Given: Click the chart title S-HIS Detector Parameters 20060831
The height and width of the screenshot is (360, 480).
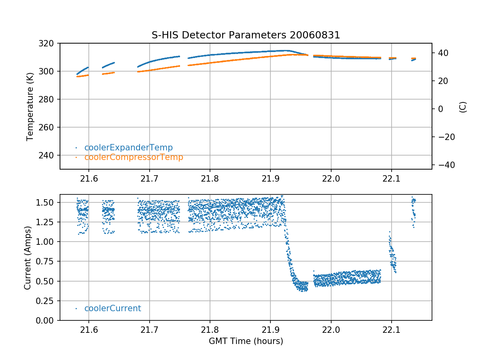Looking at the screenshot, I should tap(246, 35).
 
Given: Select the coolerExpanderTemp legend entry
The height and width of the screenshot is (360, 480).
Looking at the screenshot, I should tap(128, 148).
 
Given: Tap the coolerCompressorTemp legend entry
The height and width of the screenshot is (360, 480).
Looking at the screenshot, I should tap(134, 157).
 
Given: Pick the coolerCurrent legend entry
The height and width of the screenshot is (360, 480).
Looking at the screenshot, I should tap(112, 308).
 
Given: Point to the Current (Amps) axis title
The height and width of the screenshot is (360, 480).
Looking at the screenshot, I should tap(28, 258).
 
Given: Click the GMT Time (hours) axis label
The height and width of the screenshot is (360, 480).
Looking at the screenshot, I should tap(246, 341).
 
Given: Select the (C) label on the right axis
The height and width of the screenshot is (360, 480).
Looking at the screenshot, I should tap(463, 107).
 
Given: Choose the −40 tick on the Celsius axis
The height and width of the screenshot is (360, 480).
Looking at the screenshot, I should tap(445, 165).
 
